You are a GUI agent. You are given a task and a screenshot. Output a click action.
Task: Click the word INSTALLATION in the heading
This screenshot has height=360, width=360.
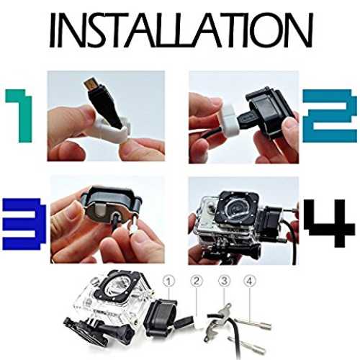click(181, 30)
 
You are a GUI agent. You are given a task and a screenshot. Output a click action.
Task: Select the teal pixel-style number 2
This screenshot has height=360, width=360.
click(330, 116)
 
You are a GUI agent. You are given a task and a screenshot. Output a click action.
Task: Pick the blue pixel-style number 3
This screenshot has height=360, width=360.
click(24, 224)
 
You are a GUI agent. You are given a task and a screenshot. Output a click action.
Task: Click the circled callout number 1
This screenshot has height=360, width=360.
click(168, 281)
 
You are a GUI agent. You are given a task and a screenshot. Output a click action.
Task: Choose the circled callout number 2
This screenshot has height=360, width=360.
click(197, 281)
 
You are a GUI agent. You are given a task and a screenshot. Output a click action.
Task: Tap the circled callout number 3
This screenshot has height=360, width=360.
click(225, 281)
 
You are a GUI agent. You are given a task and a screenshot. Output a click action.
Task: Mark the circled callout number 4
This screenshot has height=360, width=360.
click(250, 281)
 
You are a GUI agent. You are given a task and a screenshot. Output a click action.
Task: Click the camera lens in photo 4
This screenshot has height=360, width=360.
click(236, 207)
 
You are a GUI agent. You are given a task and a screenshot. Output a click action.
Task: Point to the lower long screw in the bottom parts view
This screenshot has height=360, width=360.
click(246, 343)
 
